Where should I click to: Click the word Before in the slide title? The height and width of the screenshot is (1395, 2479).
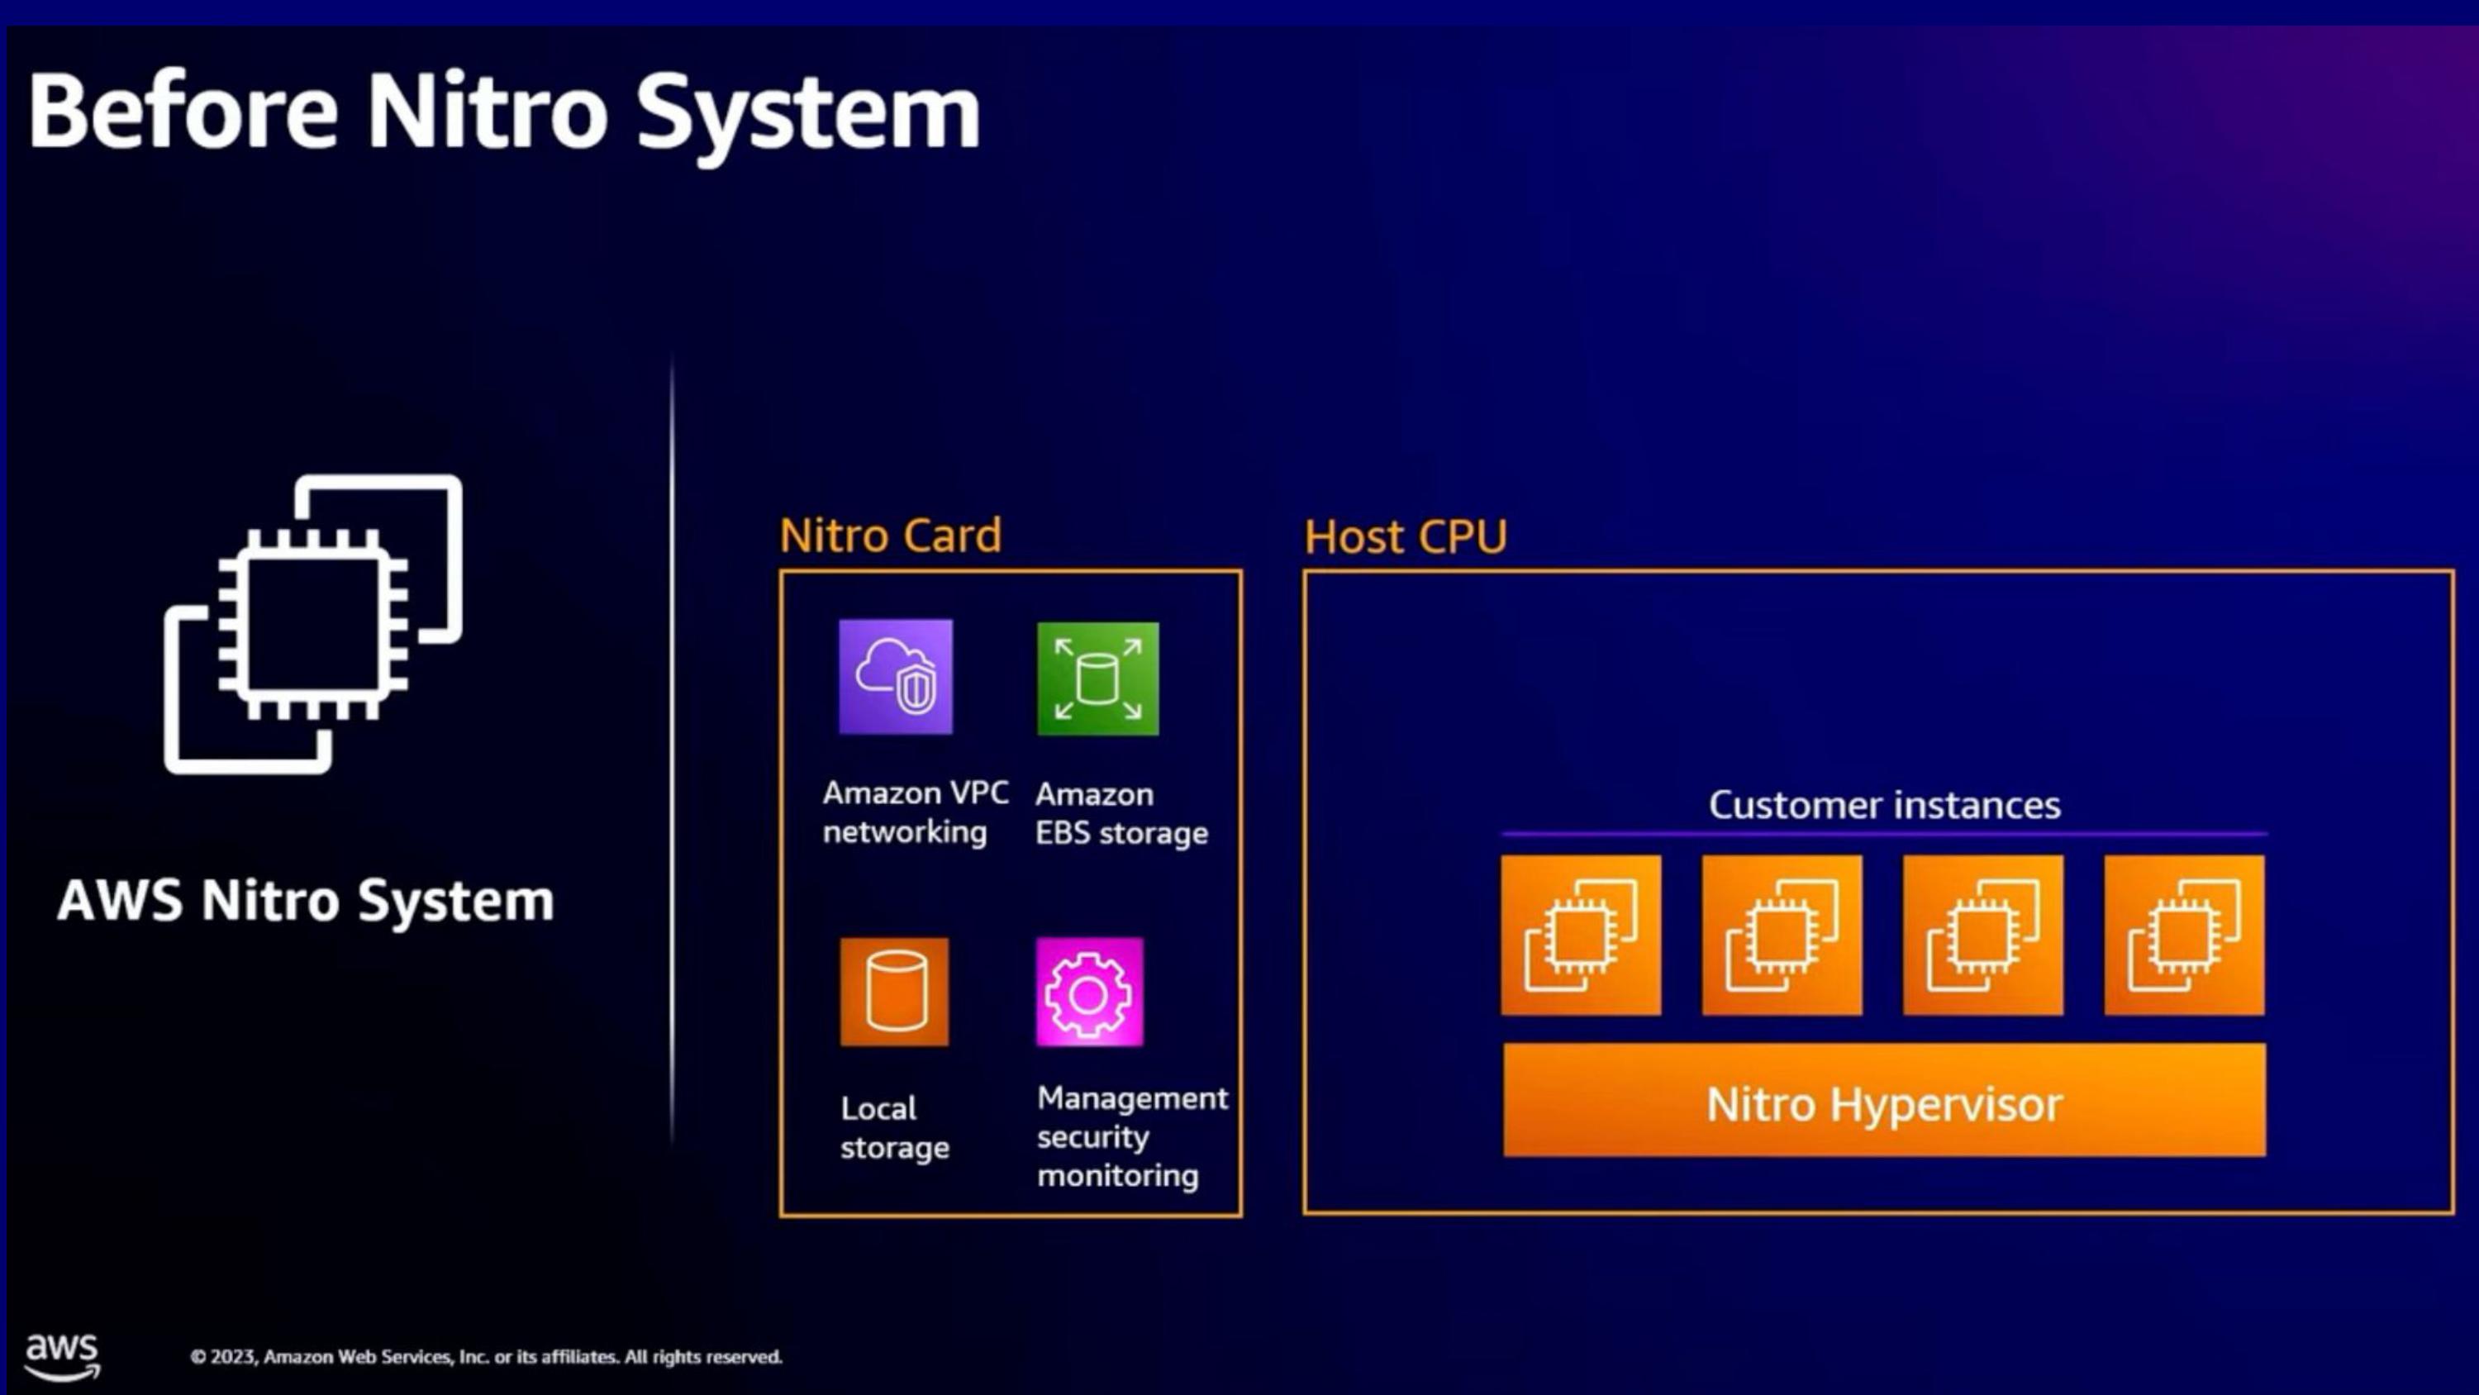183,112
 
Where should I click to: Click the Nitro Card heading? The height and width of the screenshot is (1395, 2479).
890,536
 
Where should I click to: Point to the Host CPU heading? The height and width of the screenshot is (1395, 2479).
1405,536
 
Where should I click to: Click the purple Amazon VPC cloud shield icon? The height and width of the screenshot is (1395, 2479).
896,677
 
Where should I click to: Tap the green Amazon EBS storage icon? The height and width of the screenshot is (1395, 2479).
1098,678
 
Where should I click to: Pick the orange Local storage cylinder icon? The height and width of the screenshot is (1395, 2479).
894,992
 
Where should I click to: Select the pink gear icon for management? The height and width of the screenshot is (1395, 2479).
1089,992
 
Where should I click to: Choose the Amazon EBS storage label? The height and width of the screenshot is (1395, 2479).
1121,813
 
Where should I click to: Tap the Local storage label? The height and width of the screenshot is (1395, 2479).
895,1128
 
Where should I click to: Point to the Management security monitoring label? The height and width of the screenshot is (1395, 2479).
1133,1137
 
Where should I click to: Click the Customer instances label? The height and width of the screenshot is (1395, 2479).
1884,805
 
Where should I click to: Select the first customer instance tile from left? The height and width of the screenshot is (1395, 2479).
1581,935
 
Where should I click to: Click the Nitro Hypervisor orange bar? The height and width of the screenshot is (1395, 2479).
1884,1101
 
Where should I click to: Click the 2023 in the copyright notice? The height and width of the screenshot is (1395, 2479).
232,1356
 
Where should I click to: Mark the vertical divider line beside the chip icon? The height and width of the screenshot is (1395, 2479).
672,749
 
